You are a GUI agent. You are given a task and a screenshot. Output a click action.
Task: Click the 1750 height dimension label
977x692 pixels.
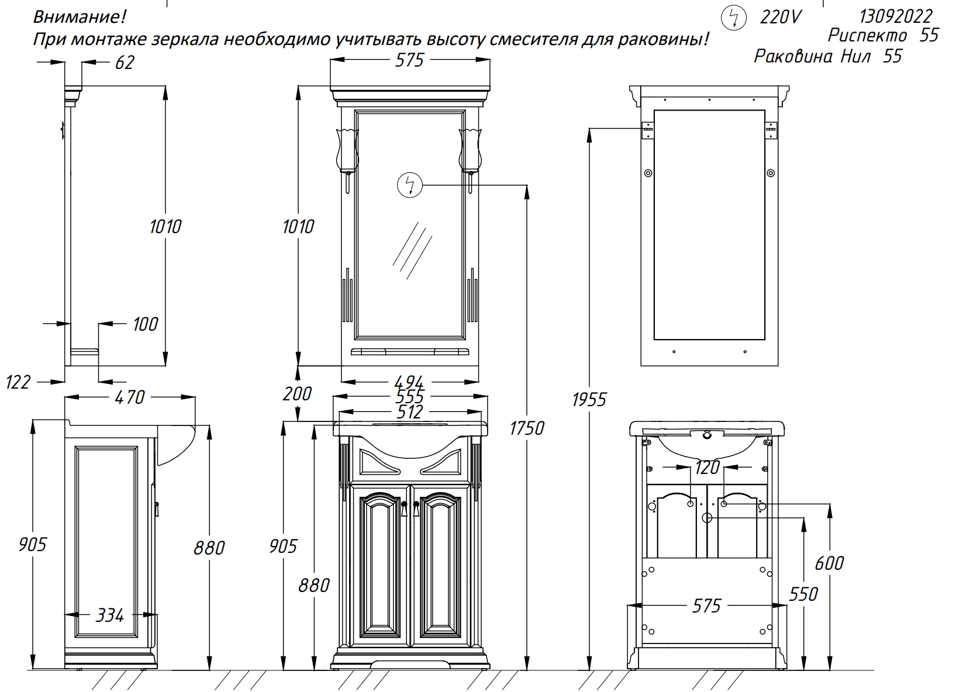tap(527, 428)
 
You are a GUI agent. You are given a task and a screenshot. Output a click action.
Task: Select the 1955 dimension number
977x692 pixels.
tap(589, 400)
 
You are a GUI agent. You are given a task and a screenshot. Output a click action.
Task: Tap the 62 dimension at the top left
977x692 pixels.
tap(125, 63)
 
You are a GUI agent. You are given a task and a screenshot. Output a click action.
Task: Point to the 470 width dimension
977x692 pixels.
tap(130, 397)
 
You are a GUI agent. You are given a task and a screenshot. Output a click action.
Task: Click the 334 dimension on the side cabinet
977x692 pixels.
tap(110, 615)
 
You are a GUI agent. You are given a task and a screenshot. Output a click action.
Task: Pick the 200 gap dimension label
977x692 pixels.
tap(297, 393)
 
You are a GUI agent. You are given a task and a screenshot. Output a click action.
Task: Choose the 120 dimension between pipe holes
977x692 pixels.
tap(707, 468)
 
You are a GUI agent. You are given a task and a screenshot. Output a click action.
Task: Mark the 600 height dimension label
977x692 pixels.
tap(829, 563)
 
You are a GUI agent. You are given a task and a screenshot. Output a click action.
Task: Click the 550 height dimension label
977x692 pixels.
tap(803, 594)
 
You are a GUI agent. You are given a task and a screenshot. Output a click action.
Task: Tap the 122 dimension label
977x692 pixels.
tap(18, 382)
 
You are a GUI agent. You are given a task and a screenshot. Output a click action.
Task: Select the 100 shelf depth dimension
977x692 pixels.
tap(145, 324)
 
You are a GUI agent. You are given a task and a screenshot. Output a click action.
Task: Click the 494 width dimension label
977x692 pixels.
tap(409, 382)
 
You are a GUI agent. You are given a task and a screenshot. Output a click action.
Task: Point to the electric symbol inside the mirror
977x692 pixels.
tap(409, 185)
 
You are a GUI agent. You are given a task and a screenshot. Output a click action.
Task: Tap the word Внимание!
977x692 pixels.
tap(80, 16)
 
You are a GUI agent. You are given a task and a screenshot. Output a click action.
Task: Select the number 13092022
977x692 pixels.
tap(896, 16)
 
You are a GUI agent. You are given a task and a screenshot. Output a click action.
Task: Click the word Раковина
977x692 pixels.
tap(793, 56)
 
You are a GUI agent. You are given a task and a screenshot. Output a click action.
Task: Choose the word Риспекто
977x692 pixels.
tap(867, 35)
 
